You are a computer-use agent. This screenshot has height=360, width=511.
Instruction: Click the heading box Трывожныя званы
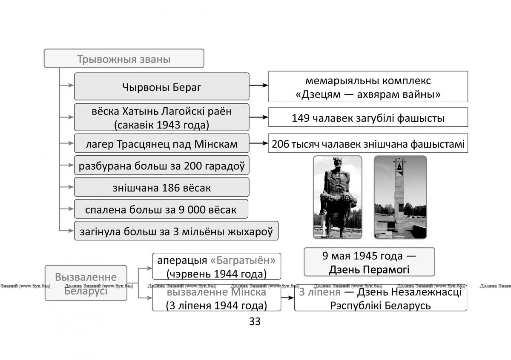tap(124, 58)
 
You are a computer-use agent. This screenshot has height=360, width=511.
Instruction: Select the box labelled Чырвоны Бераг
tap(162, 86)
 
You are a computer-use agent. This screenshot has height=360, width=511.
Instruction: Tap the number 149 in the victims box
tap(301, 118)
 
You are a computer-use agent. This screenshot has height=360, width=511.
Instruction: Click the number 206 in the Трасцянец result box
tap(280, 144)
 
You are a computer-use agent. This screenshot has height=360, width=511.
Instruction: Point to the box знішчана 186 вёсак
tap(162, 187)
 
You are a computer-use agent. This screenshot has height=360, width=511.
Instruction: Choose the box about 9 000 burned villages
tap(161, 209)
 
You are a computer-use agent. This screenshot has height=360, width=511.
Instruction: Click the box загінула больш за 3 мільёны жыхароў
tap(176, 231)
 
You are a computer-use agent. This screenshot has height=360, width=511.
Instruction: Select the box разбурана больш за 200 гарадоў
tap(162, 165)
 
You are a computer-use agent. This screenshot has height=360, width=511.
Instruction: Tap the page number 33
tap(255, 321)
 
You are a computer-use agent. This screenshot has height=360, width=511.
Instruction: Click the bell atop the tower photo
tap(399, 167)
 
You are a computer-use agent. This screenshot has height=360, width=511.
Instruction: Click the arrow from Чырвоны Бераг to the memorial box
tap(259, 85)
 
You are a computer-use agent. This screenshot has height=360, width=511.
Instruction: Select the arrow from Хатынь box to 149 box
tap(259, 117)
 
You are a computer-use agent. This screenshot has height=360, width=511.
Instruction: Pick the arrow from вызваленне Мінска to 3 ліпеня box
tap(288, 298)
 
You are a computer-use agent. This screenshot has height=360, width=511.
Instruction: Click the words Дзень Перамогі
tap(369, 270)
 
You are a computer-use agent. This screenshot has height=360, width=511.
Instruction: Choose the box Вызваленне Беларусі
tap(86, 283)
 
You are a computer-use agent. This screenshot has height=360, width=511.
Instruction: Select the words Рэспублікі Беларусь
tap(381, 306)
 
